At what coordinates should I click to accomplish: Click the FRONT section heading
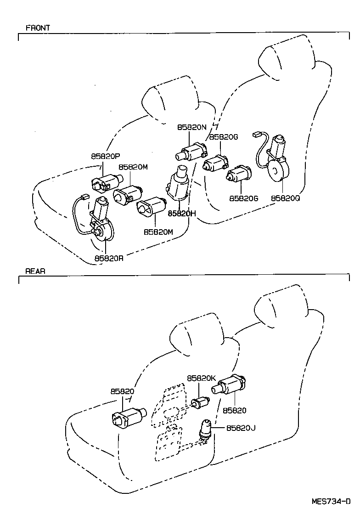click(x=38, y=28)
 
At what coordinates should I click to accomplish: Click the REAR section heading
click(x=35, y=271)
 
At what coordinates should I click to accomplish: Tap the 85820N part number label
click(x=192, y=127)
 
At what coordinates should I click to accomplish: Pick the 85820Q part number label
click(x=285, y=198)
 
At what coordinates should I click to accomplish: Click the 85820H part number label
click(x=182, y=213)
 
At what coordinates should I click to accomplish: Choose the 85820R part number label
click(x=109, y=258)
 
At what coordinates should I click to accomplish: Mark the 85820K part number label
click(x=201, y=378)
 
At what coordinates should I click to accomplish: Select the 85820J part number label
click(x=241, y=428)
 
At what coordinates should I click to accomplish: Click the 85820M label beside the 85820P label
click(x=133, y=167)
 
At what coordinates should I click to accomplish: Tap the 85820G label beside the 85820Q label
click(x=244, y=198)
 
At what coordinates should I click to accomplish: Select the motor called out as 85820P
click(x=106, y=182)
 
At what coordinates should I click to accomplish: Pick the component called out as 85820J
click(x=205, y=430)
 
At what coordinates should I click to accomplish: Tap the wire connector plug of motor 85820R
click(x=83, y=198)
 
